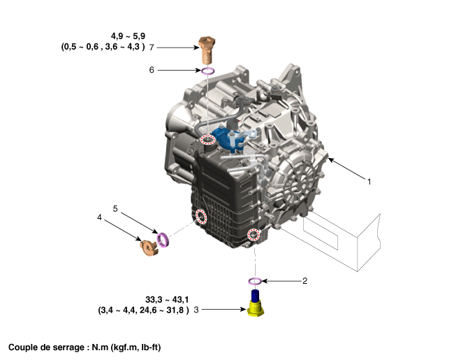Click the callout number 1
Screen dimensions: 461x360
(x=369, y=182)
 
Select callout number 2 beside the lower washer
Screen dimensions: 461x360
(x=305, y=281)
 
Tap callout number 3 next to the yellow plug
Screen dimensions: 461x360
(x=196, y=310)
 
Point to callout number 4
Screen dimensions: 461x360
(x=99, y=217)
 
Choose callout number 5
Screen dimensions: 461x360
(x=115, y=209)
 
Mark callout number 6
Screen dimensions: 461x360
(x=152, y=70)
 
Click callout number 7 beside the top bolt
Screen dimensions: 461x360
(x=152, y=48)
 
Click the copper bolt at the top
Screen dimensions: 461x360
(x=207, y=50)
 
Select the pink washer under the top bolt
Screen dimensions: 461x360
(x=207, y=71)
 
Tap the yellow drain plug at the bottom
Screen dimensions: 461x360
(x=256, y=303)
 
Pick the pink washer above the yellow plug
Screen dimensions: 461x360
(x=255, y=281)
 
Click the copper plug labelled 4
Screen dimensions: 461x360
(x=149, y=247)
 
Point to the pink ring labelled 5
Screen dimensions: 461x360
(x=163, y=239)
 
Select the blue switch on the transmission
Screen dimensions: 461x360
(x=228, y=138)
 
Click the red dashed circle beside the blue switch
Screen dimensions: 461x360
(x=208, y=140)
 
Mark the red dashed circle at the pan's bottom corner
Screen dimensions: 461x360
(x=254, y=234)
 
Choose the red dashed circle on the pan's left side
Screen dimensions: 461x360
(x=202, y=217)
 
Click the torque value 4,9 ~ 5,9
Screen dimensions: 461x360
(x=128, y=36)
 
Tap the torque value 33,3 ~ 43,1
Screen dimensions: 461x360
(x=167, y=300)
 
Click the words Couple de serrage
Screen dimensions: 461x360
(x=47, y=347)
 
